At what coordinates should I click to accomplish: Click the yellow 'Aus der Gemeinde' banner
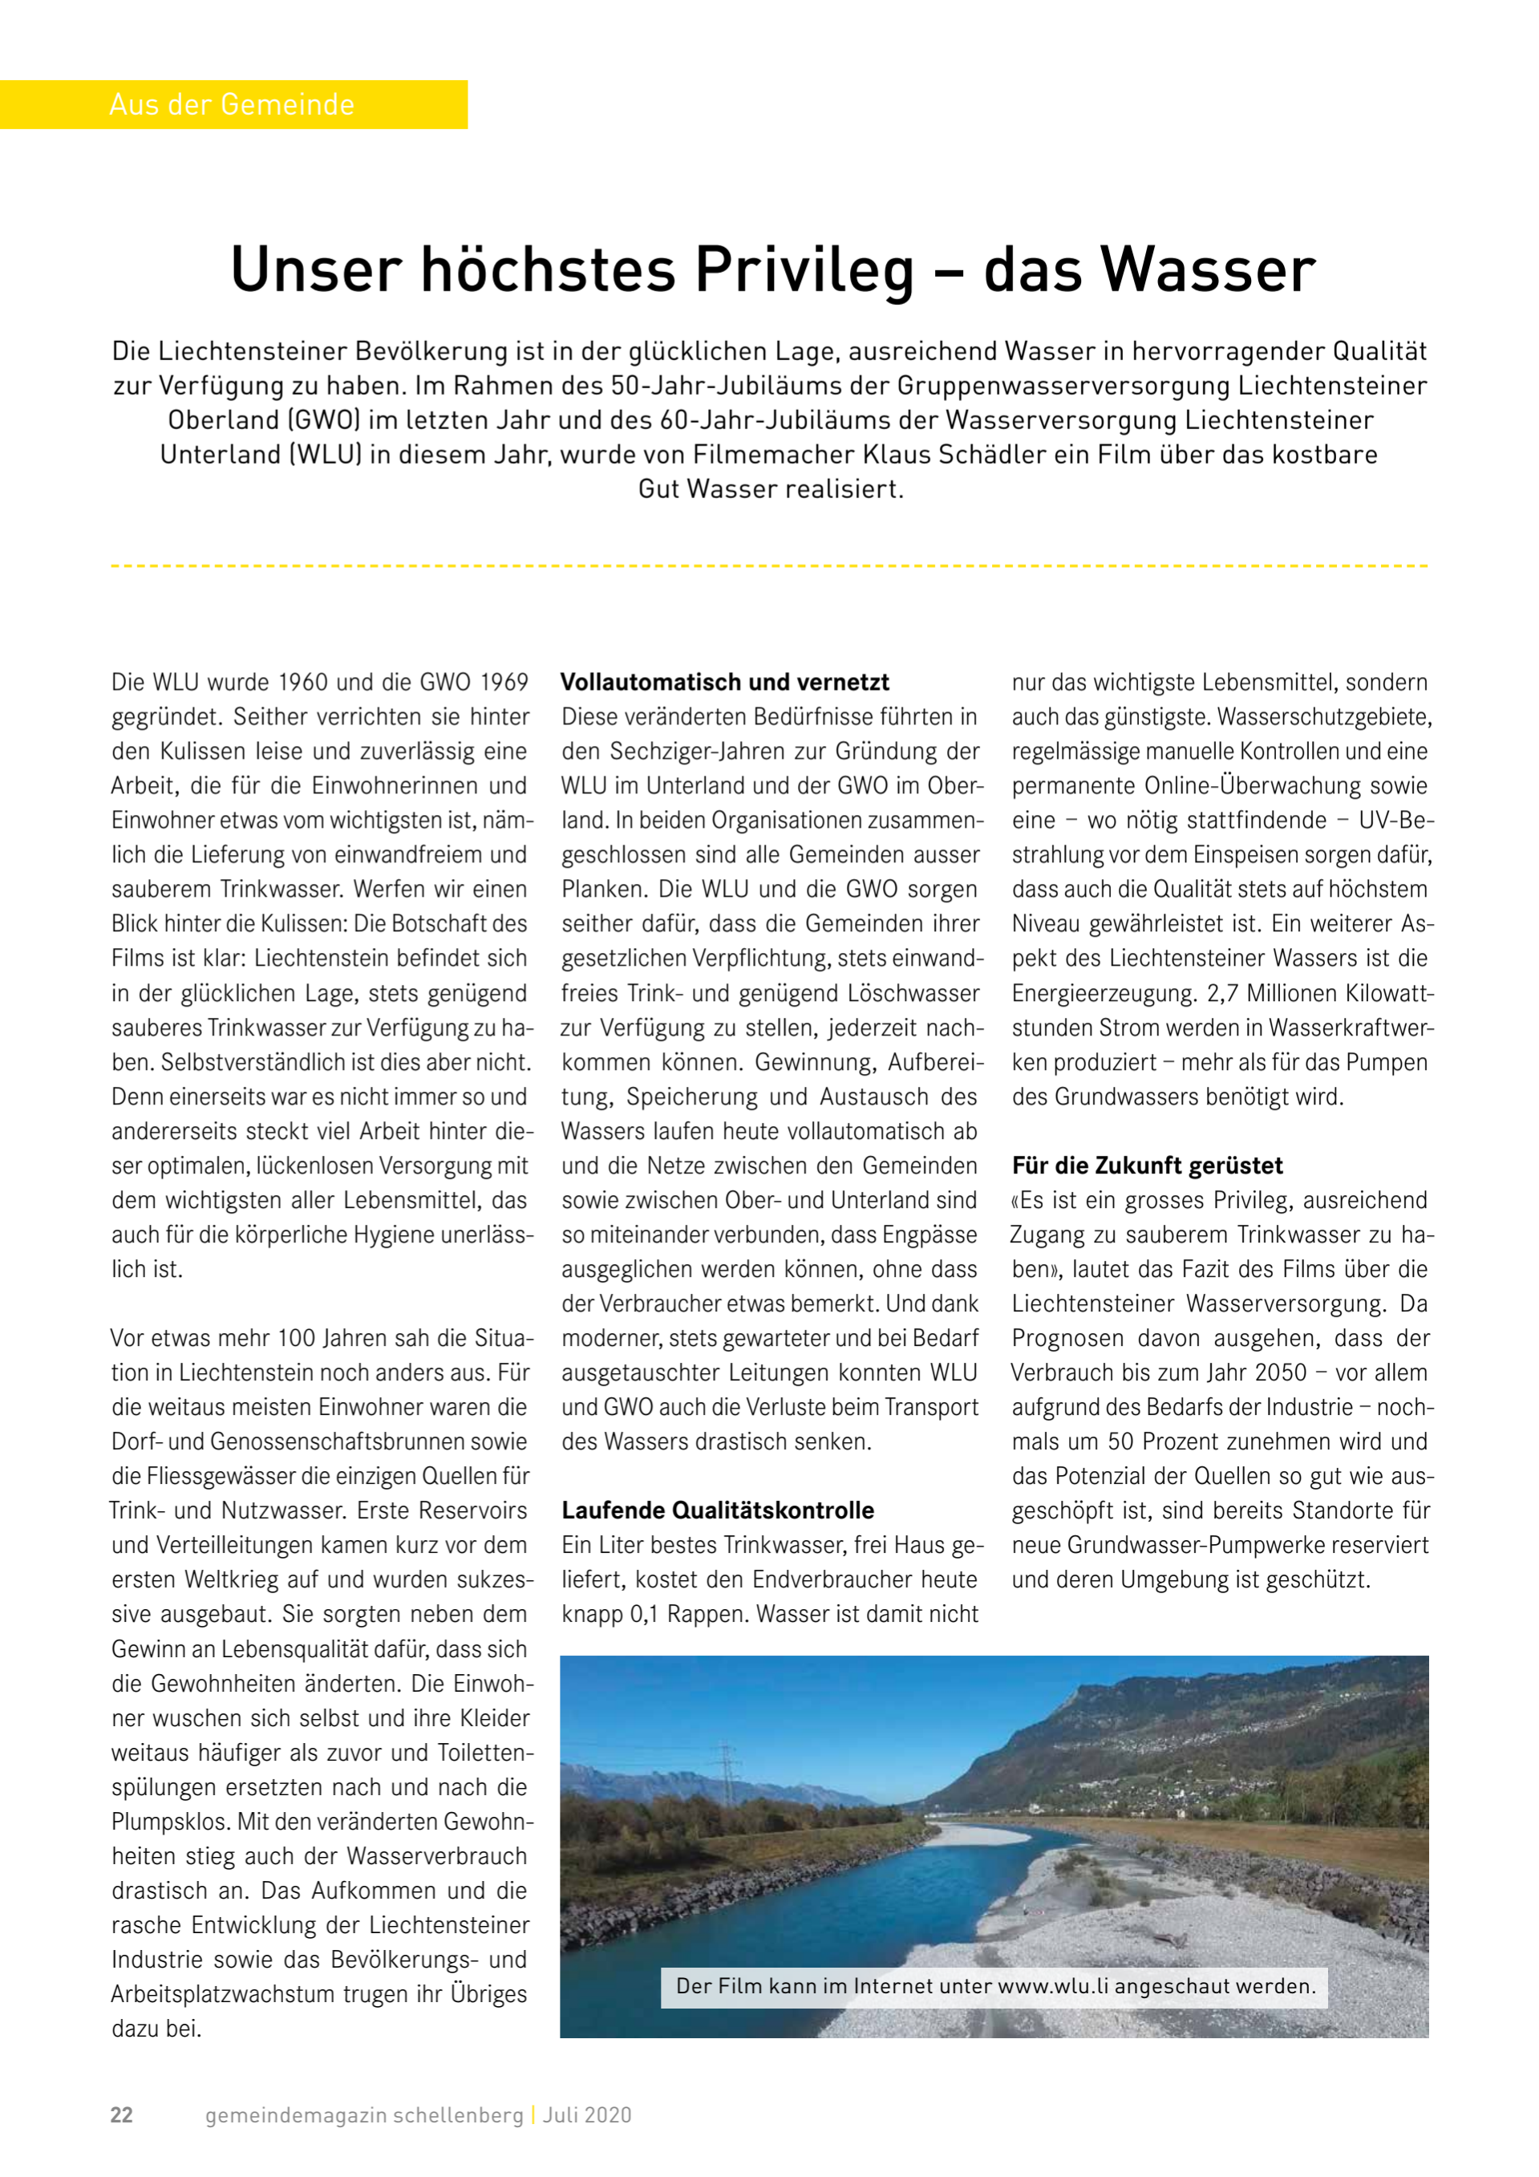coord(233,104)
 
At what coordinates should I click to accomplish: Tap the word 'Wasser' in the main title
coord(1207,270)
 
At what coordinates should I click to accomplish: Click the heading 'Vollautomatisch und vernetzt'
coord(724,682)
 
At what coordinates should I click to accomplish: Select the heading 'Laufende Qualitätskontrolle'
coord(718,1510)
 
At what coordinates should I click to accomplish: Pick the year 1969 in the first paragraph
coord(504,682)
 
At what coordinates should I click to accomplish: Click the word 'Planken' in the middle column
coord(603,890)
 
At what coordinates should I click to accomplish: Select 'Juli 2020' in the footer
coord(587,2114)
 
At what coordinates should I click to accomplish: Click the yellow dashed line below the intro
coord(769,566)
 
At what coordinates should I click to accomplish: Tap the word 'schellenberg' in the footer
coord(458,2114)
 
